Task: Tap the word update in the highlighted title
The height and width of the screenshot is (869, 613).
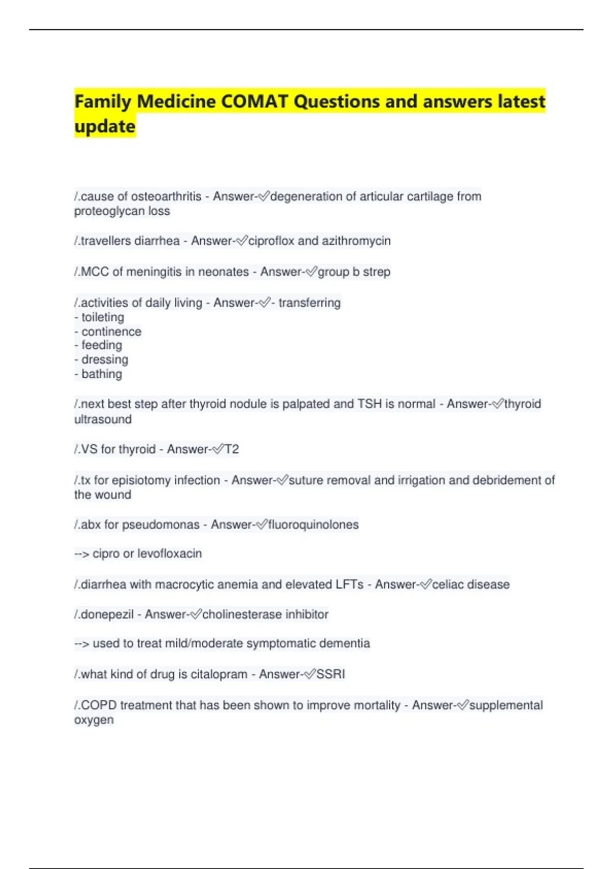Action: [105, 126]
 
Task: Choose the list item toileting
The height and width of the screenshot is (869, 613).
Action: [102, 317]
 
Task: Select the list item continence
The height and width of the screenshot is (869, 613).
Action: [111, 332]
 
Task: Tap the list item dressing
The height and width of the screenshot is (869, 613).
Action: [105, 360]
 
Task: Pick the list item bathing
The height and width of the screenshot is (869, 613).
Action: [102, 374]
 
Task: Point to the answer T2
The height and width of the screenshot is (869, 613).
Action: [232, 449]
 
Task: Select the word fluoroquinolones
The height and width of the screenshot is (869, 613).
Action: [313, 524]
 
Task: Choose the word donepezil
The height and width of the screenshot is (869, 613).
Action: [107, 614]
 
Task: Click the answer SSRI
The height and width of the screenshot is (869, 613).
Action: [331, 674]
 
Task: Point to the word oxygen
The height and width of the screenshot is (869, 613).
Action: [94, 720]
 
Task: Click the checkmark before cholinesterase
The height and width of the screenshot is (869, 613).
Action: [196, 614]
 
